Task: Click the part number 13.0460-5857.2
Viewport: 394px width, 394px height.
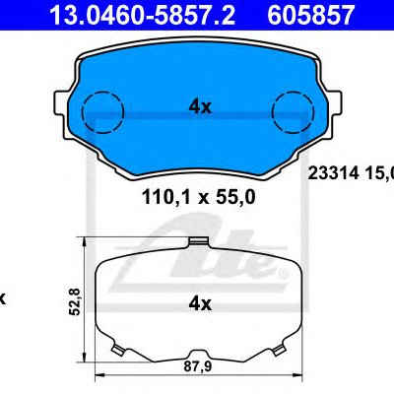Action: pyautogui.click(x=142, y=14)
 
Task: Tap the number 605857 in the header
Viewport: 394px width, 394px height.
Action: pyautogui.click(x=311, y=14)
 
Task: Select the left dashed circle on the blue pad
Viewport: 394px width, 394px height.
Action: pyautogui.click(x=102, y=94)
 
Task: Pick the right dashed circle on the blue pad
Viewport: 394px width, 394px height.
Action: pyautogui.click(x=293, y=94)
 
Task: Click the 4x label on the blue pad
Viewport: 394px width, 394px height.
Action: pyautogui.click(x=200, y=106)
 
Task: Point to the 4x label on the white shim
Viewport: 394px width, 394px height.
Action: pyautogui.click(x=200, y=304)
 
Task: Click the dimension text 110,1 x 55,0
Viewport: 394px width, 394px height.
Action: pyautogui.click(x=198, y=198)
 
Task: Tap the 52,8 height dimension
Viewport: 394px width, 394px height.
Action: pyautogui.click(x=75, y=301)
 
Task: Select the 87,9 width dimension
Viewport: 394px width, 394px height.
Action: pyautogui.click(x=198, y=366)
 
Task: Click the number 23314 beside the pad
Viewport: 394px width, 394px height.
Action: pyautogui.click(x=332, y=173)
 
